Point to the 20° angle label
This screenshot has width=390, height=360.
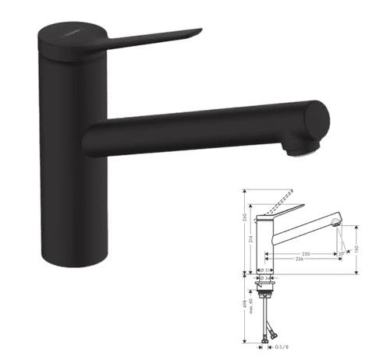click(341, 253)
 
